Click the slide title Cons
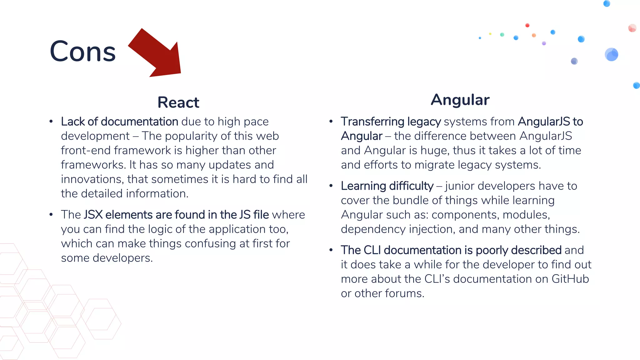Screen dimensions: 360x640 [x=82, y=52]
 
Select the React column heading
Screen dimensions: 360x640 [x=178, y=102]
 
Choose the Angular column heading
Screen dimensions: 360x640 [x=460, y=100]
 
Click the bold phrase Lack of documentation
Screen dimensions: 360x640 [x=119, y=122]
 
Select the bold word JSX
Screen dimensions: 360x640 [x=93, y=215]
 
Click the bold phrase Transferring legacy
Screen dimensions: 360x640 [x=391, y=122]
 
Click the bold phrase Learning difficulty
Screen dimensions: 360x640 [x=387, y=186]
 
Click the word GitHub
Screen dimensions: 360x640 [x=570, y=279]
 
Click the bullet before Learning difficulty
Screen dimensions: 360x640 [x=331, y=186]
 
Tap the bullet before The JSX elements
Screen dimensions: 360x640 [x=51, y=215]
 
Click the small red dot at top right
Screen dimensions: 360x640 [x=527, y=25]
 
